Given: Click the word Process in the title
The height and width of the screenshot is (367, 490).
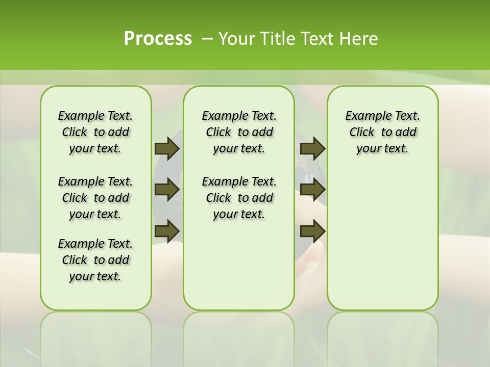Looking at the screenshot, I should pyautogui.click(x=158, y=39).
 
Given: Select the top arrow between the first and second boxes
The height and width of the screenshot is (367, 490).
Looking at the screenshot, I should pyautogui.click(x=166, y=148).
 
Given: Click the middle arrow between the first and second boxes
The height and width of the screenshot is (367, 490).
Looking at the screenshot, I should pyautogui.click(x=166, y=190).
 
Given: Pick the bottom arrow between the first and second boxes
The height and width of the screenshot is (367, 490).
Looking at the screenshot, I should pyautogui.click(x=166, y=231).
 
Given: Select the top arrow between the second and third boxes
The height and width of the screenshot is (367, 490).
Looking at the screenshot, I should pyautogui.click(x=312, y=148).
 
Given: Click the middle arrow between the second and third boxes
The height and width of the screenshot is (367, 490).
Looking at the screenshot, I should pyautogui.click(x=312, y=190).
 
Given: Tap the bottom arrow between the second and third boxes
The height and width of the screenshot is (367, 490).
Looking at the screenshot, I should pyautogui.click(x=312, y=231).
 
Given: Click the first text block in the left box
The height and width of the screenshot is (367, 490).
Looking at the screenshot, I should pyautogui.click(x=95, y=132).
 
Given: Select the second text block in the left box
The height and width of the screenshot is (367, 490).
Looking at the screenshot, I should pyautogui.click(x=95, y=198).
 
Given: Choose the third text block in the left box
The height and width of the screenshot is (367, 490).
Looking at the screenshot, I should pyautogui.click(x=95, y=260).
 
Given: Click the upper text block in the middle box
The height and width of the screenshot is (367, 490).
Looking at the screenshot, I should pyautogui.click(x=239, y=132).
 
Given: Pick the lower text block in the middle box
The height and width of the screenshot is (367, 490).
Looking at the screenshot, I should pyautogui.click(x=239, y=198).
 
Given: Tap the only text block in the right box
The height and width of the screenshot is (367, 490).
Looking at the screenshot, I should pyautogui.click(x=382, y=132).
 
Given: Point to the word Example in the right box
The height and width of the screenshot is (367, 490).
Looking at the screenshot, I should pyautogui.click(x=364, y=116).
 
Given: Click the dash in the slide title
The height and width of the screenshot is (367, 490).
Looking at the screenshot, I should pyautogui.click(x=207, y=39).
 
